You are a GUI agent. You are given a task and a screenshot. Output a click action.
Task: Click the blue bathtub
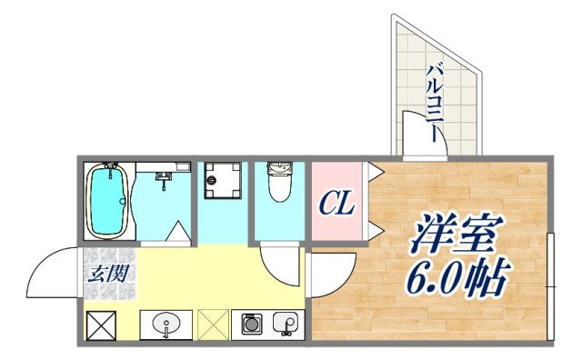pos(108,202)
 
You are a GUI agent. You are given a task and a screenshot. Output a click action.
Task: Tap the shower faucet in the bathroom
pos(165,178)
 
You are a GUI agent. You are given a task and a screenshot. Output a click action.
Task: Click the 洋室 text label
pos(455,235)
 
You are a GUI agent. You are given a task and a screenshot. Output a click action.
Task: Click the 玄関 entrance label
pos(109,272)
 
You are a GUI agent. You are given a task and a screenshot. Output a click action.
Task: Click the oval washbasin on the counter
pos(166,324)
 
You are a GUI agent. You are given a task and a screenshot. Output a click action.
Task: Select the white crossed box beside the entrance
pos(99,325)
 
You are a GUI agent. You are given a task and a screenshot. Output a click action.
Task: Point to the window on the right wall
pos(550,286)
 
